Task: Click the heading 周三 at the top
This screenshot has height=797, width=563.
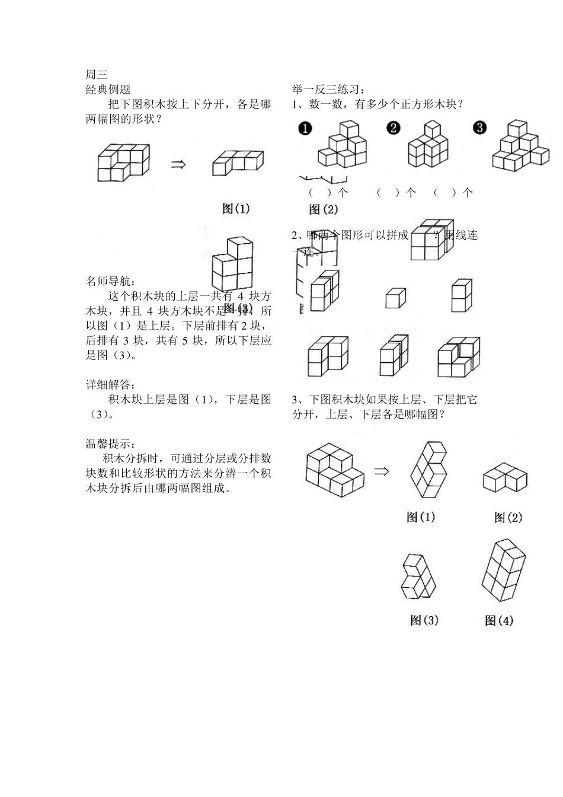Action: (97, 75)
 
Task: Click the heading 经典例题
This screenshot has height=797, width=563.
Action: (108, 90)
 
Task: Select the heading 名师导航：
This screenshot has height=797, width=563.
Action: (111, 280)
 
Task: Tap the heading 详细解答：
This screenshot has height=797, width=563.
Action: (111, 385)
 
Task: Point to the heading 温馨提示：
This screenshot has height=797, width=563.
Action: (111, 444)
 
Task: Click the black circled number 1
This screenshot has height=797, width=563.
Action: (305, 129)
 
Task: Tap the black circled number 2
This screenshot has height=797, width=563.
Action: (394, 128)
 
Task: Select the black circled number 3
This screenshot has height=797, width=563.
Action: (480, 128)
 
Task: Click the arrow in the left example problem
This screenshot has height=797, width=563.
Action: (178, 164)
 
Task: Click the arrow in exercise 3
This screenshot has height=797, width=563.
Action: (382, 471)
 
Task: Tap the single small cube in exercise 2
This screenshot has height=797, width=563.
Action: (395, 298)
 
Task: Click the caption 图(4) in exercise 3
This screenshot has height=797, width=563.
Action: (499, 621)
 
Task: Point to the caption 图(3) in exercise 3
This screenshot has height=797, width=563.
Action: (424, 620)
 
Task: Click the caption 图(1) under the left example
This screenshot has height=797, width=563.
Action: (236, 208)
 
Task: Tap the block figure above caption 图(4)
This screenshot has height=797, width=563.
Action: (503, 570)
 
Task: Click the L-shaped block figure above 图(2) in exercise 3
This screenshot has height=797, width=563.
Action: (505, 478)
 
